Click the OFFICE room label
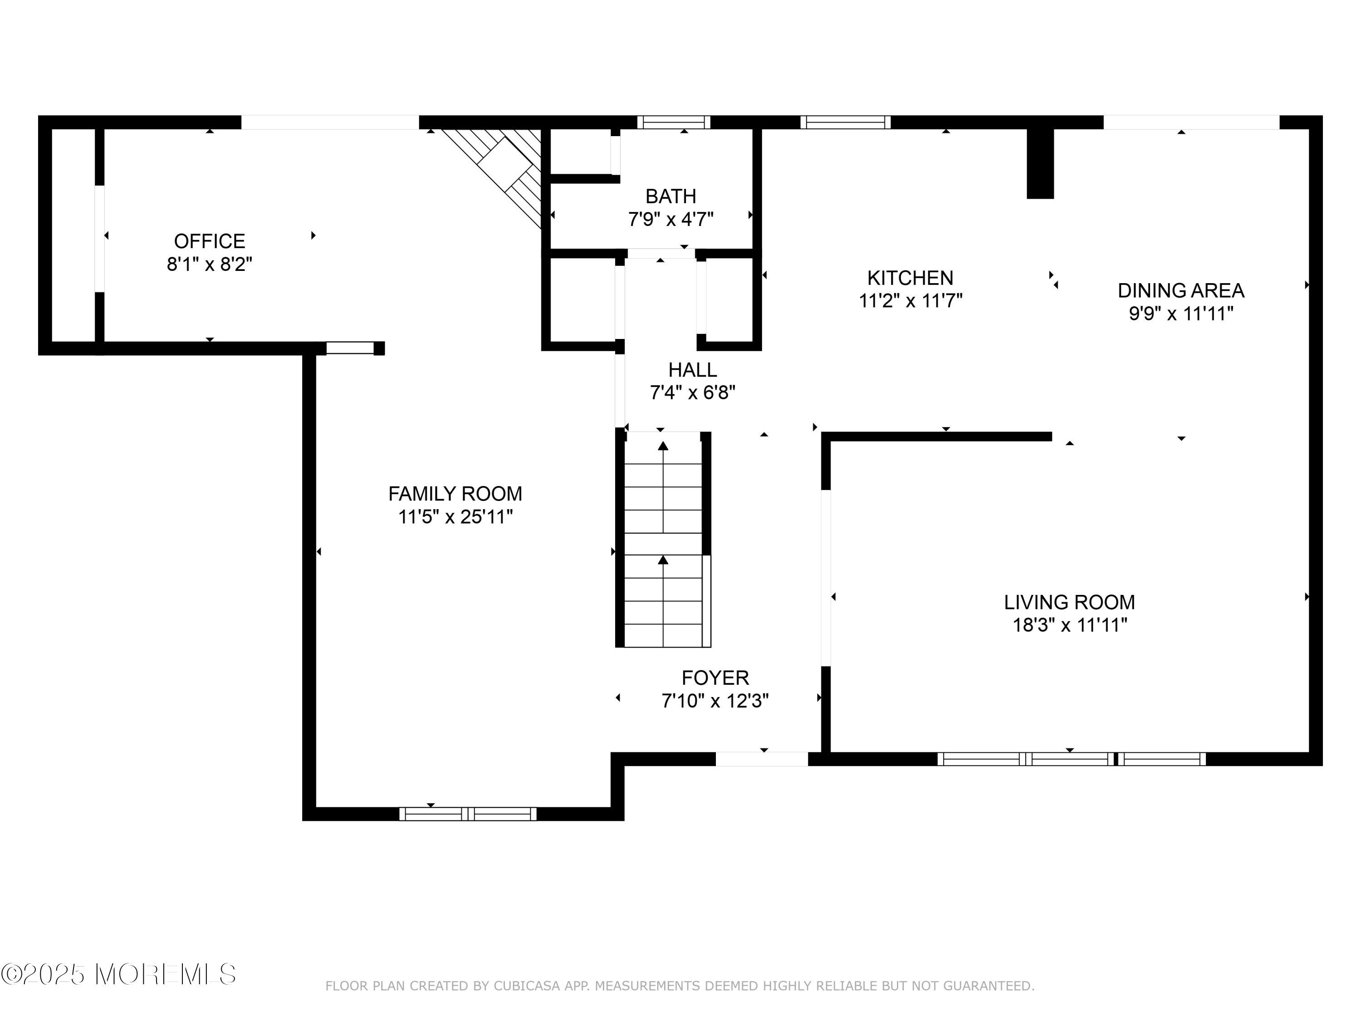tap(209, 241)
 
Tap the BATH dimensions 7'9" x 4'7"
tap(670, 219)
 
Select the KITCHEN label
tap(910, 278)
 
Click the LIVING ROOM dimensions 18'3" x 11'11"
tap(1069, 625)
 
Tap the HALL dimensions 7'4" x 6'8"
tap(692, 393)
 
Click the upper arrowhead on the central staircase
tap(663, 446)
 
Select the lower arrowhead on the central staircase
tap(663, 560)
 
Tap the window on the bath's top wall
tap(673, 122)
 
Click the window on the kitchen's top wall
tap(845, 122)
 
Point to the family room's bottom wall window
tap(468, 814)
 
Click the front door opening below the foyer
tap(761, 759)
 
